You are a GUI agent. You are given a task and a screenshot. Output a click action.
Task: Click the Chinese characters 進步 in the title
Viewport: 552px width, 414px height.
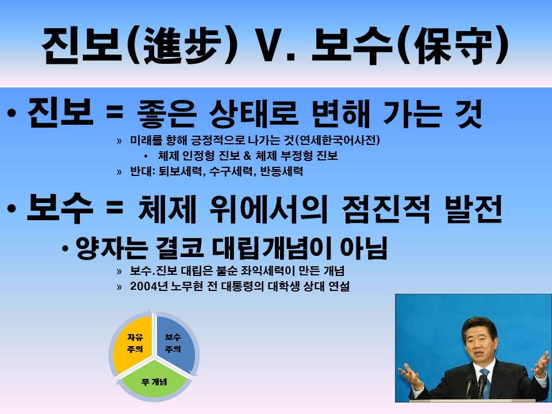[x=182, y=46]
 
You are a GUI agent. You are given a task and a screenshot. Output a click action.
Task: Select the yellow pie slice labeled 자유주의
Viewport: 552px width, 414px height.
[x=133, y=343]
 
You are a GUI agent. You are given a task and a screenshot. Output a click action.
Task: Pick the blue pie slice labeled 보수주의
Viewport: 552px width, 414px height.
[x=175, y=343]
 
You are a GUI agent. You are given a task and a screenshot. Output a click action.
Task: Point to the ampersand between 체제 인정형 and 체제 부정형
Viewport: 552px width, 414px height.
[x=247, y=156]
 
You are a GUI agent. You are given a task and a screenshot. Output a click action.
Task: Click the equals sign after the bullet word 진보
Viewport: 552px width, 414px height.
[x=114, y=113]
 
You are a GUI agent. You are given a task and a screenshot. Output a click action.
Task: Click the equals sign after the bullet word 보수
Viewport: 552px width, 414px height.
[x=114, y=208]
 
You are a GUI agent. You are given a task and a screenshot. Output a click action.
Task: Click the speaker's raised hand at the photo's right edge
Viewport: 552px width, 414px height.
[x=540, y=365]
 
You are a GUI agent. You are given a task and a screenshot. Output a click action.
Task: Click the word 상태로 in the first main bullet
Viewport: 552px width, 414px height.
[x=254, y=113]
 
